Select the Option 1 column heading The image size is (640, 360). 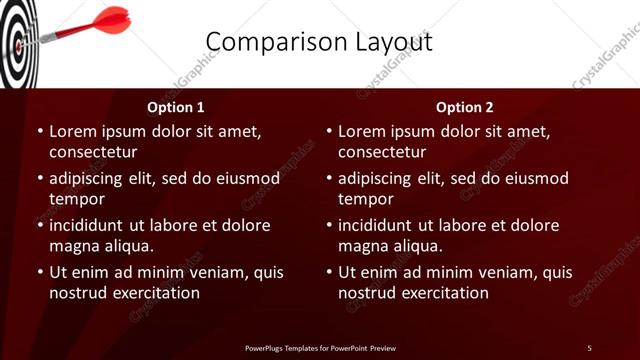[x=176, y=107]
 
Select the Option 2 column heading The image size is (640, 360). [x=465, y=107]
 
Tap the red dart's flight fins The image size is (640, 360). [x=112, y=18]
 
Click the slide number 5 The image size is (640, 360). [x=589, y=347]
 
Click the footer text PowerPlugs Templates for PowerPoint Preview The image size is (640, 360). [x=320, y=347]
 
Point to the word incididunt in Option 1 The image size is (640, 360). [x=91, y=225]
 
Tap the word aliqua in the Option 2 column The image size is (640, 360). [x=417, y=246]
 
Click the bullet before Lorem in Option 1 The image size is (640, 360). [x=39, y=132]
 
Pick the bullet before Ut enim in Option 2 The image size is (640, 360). [x=328, y=272]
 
